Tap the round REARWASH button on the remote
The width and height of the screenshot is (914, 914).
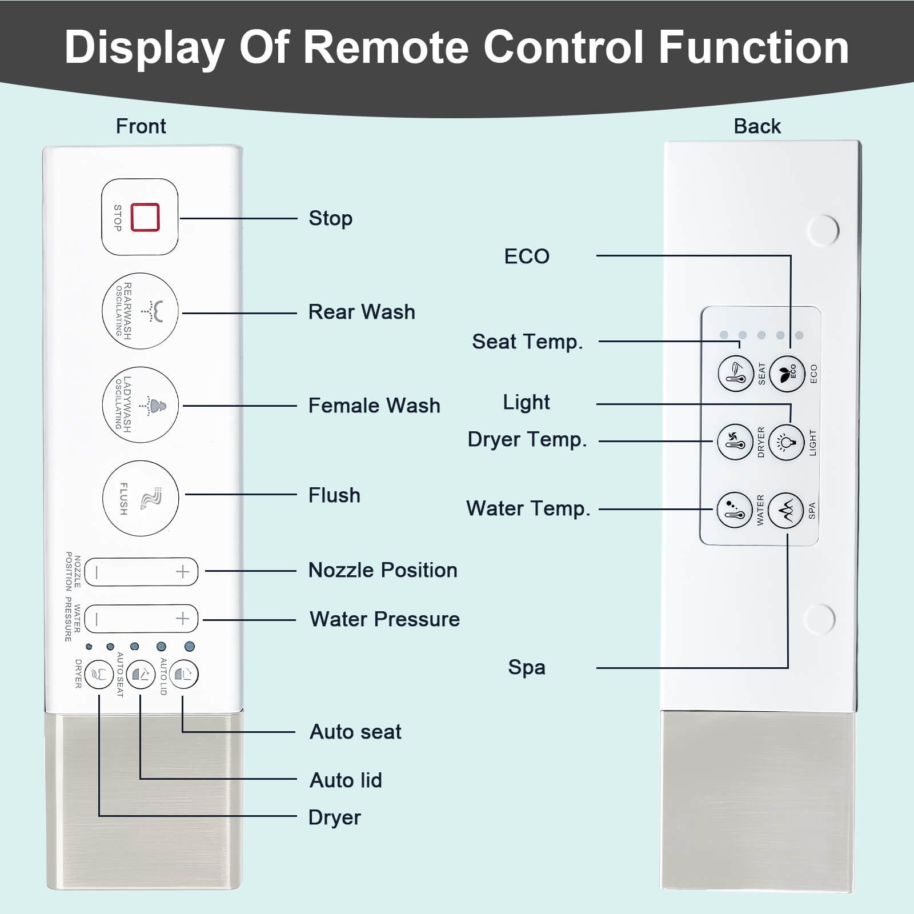(x=140, y=311)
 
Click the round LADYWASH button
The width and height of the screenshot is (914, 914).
(x=140, y=405)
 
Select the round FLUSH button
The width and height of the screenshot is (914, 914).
(x=140, y=498)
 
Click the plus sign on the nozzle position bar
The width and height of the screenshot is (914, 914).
(x=182, y=572)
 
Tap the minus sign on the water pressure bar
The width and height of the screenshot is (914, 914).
(x=97, y=619)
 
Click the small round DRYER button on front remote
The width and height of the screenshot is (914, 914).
(x=99, y=675)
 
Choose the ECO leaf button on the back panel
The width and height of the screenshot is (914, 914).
(x=787, y=374)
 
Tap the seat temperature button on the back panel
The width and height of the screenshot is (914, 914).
(x=735, y=374)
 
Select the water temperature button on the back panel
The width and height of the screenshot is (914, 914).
(x=734, y=510)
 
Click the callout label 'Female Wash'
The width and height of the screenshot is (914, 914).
(x=374, y=406)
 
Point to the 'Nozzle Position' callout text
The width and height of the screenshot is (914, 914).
(x=383, y=570)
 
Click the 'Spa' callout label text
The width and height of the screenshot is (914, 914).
(x=526, y=667)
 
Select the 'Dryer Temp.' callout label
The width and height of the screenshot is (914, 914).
(x=527, y=440)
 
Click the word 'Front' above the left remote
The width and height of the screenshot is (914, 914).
(x=141, y=126)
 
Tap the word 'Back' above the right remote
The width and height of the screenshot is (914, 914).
(x=757, y=126)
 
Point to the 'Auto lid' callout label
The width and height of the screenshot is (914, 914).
(x=346, y=780)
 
